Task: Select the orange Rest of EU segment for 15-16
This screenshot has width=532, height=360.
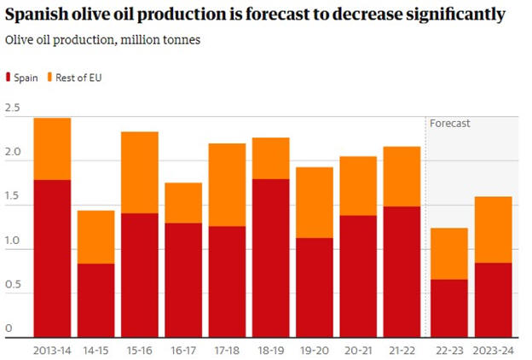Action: (140, 172)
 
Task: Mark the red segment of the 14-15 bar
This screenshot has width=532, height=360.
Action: (95, 299)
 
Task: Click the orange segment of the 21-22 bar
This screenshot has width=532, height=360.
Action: (402, 176)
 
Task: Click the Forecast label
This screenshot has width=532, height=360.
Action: (449, 123)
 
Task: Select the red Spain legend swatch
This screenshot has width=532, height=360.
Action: (9, 78)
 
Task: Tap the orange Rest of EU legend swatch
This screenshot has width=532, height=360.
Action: (50, 78)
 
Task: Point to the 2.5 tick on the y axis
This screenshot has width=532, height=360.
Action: (12, 108)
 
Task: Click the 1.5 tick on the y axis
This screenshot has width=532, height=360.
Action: (12, 197)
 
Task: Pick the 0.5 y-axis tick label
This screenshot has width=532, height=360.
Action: (12, 285)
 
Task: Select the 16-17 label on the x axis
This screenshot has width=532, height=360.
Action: (183, 350)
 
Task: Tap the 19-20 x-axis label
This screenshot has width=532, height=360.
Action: (315, 350)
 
